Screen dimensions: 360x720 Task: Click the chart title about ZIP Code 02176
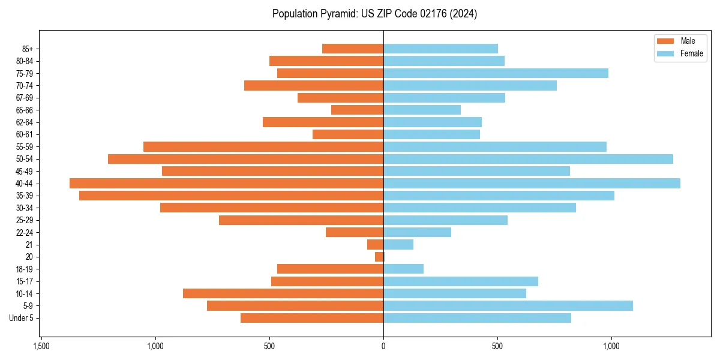coord(374,14)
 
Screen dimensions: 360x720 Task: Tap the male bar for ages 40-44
coord(226,184)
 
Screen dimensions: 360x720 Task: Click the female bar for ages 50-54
coord(528,159)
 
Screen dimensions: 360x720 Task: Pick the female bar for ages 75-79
coord(496,73)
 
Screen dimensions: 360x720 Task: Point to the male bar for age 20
coord(379,257)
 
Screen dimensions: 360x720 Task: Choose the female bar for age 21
coord(398,245)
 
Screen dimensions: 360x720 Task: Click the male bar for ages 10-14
coord(283,293)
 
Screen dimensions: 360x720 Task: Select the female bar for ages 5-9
coord(508,306)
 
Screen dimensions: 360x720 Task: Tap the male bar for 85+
coord(353,49)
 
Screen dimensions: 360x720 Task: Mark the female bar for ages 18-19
coord(403,269)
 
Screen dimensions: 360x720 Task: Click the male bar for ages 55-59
coord(263,147)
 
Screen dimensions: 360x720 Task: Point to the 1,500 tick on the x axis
coord(41,347)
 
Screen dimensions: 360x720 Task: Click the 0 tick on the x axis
coord(383,347)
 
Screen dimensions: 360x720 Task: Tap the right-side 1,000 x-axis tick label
coord(611,347)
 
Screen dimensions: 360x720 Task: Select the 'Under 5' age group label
coord(21,318)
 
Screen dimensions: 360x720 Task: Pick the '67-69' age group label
coord(25,98)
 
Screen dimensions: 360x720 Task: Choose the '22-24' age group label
coord(25,232)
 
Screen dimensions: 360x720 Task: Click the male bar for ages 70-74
coord(314,86)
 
